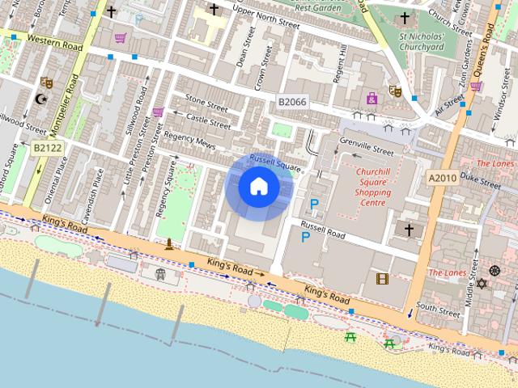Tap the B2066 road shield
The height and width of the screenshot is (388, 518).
292,102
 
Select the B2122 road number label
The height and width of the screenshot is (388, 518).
48,148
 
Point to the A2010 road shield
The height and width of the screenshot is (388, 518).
443,178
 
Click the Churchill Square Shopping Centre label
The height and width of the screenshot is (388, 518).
373,182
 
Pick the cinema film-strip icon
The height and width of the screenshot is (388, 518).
382,279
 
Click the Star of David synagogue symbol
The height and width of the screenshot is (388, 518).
483,284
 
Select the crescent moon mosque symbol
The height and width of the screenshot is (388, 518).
41,100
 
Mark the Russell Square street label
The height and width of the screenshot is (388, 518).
275,162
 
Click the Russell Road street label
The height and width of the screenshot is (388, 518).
323,229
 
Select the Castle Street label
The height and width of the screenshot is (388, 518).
208,121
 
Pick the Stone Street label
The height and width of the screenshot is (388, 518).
206,102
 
